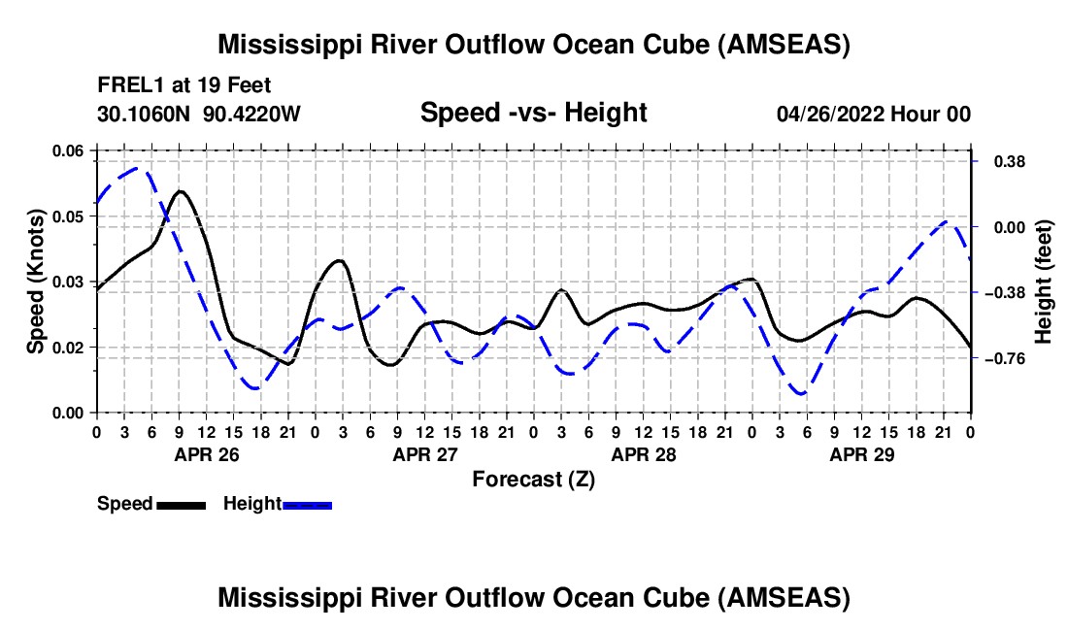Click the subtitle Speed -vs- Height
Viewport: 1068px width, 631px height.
coord(533,113)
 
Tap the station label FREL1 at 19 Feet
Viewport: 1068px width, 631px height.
coord(184,84)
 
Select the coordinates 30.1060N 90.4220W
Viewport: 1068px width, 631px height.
coord(199,114)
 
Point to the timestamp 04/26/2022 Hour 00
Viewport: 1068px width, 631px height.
coord(873,114)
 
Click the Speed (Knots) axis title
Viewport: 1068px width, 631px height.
coord(36,281)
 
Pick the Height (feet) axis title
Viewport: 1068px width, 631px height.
coord(1044,281)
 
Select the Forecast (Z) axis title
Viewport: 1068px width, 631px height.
coord(533,479)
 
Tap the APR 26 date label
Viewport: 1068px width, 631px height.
coord(207,454)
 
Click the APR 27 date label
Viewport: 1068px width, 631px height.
coord(425,454)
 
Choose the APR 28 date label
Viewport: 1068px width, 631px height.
coord(644,454)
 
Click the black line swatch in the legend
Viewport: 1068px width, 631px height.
coord(181,504)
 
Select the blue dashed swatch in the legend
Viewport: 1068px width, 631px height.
coord(308,504)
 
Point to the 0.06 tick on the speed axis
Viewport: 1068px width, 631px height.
coord(67,150)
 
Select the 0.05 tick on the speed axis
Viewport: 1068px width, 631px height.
coord(67,216)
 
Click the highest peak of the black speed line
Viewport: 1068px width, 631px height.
coord(181,191)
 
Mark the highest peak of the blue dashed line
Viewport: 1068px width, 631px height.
coord(139,169)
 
